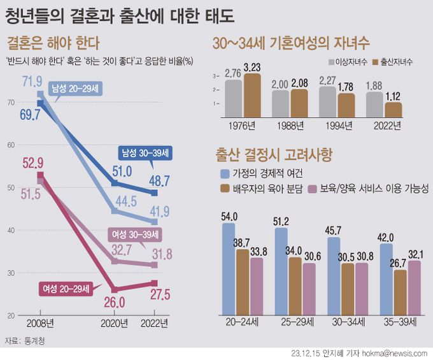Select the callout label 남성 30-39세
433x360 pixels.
pos(146,153)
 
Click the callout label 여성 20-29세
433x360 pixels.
pos(66,289)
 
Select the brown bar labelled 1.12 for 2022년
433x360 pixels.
pos(394,110)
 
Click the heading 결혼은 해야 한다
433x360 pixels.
pos(53,44)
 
